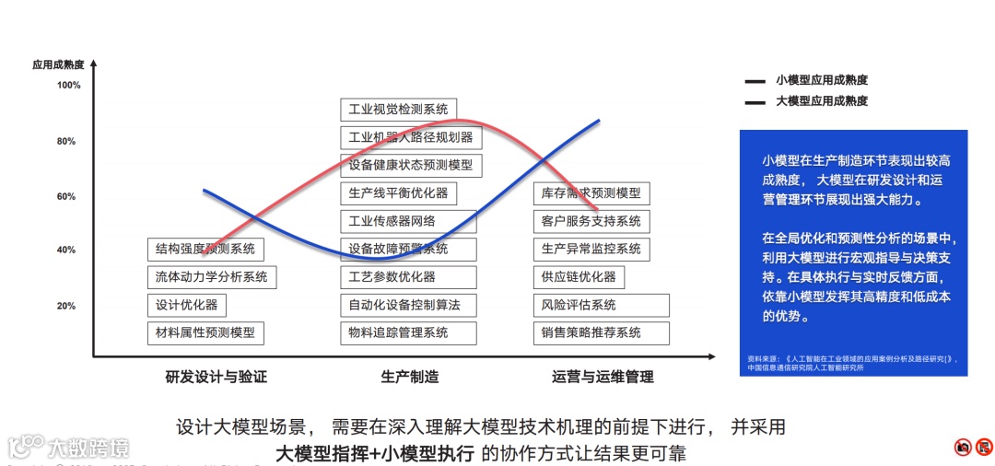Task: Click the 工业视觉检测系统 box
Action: coord(398,110)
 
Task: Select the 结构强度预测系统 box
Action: coord(205,249)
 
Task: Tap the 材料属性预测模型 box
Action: coord(205,332)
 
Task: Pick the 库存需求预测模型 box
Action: coord(591,193)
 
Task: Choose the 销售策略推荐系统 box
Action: coord(601,332)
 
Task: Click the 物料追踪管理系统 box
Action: coord(408,332)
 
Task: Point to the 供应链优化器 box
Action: coord(578,276)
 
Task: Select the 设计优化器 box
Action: coord(186,305)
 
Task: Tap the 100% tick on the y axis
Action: coord(69,86)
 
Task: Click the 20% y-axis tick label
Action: coord(66,306)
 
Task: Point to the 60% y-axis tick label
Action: coord(66,196)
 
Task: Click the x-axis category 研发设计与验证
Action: coord(217,377)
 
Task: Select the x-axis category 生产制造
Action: coord(409,377)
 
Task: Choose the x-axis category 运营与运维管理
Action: coord(603,377)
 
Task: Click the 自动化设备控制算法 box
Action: coord(404,305)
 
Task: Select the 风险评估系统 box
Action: coord(601,305)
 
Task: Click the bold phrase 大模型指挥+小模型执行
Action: coord(375,453)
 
